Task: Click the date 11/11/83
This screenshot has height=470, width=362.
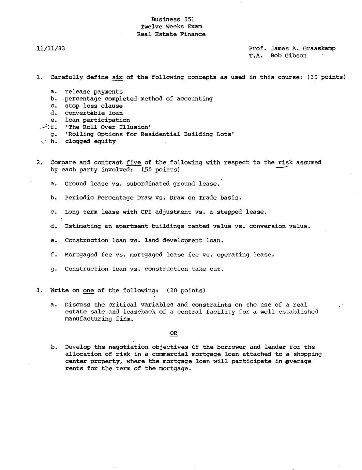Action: coord(51,48)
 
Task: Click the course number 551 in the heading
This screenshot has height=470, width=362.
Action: coord(189,19)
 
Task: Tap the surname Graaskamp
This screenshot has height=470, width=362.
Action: coord(319,48)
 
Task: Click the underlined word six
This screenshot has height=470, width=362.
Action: coord(117,77)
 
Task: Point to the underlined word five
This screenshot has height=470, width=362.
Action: coord(134,162)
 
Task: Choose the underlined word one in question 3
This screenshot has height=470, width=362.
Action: coord(89,291)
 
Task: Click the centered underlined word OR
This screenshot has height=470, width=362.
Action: coord(174,333)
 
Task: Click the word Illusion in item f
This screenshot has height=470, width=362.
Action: coord(135,127)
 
